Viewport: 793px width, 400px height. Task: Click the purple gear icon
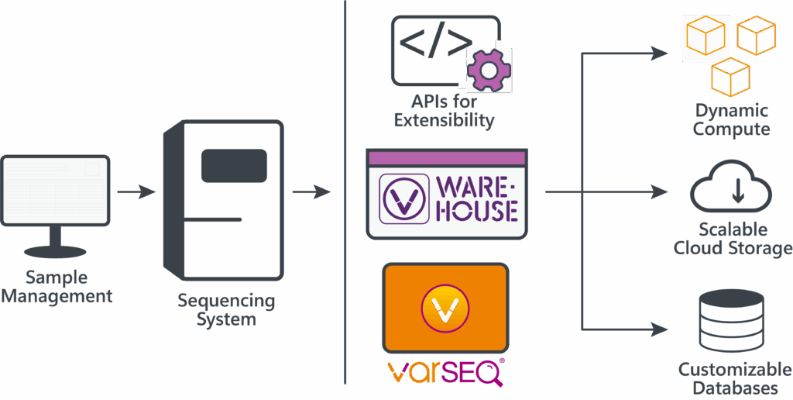coord(489,70)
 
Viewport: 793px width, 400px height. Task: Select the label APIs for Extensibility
coord(444,111)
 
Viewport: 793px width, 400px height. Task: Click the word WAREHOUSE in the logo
coord(477,198)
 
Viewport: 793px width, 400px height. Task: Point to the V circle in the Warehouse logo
coord(403,198)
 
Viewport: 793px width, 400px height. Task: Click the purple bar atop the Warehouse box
coord(447,158)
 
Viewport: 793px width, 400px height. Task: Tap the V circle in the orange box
coord(445,307)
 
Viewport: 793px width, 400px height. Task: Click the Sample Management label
coord(57,287)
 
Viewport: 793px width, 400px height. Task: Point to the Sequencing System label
coord(225,309)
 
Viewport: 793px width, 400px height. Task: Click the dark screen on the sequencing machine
coord(234,166)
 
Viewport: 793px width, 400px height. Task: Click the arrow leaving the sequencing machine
coord(312,191)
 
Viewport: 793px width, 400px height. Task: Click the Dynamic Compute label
coord(731,120)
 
